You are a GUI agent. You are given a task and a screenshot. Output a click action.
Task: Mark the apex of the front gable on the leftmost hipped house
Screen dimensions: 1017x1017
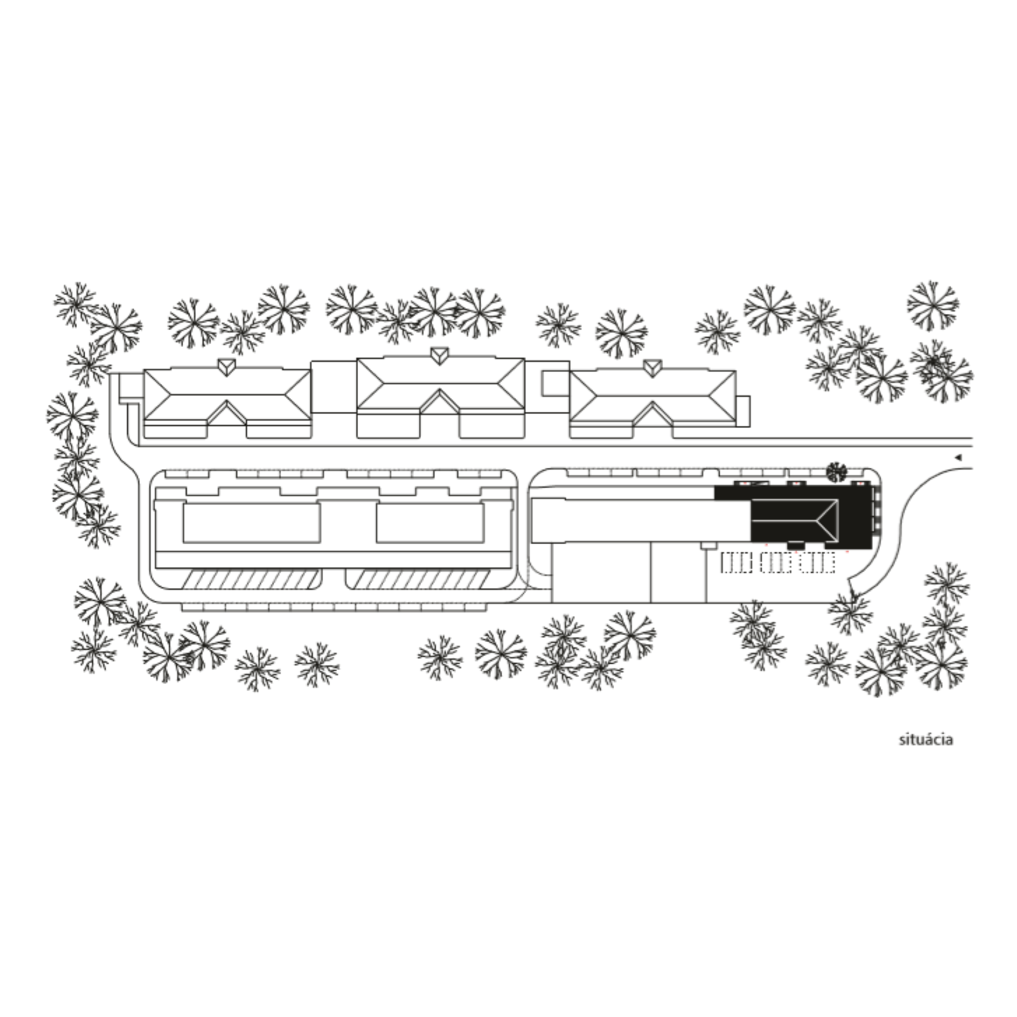point(228,401)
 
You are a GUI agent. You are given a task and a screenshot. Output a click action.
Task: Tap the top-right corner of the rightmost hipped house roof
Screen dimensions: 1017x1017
point(735,371)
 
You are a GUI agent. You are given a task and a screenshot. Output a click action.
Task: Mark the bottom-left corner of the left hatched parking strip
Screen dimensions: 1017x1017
point(182,588)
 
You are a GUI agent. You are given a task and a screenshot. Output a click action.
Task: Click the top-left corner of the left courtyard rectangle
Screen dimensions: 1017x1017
point(184,505)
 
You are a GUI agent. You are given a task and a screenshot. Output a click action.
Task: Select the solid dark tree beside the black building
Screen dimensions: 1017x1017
point(836,472)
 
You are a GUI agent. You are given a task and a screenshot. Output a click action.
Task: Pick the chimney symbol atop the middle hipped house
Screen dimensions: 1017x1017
point(439,355)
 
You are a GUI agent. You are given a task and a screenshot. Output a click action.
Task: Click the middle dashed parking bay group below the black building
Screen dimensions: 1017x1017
point(776,563)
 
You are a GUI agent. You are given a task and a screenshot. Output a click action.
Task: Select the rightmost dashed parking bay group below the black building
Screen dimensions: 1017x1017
point(817,563)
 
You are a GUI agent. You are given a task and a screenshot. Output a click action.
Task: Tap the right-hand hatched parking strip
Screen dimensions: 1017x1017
point(418,579)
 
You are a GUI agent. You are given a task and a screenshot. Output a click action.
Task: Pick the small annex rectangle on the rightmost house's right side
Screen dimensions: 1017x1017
point(743,411)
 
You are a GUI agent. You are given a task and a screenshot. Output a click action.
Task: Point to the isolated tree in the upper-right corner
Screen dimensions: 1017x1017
point(932,306)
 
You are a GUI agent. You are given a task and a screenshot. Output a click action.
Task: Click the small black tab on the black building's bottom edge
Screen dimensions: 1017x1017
point(795,545)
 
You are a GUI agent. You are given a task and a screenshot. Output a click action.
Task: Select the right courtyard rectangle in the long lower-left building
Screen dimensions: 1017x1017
point(430,523)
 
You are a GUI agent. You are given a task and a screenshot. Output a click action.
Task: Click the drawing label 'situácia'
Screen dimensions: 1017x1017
point(926,739)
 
